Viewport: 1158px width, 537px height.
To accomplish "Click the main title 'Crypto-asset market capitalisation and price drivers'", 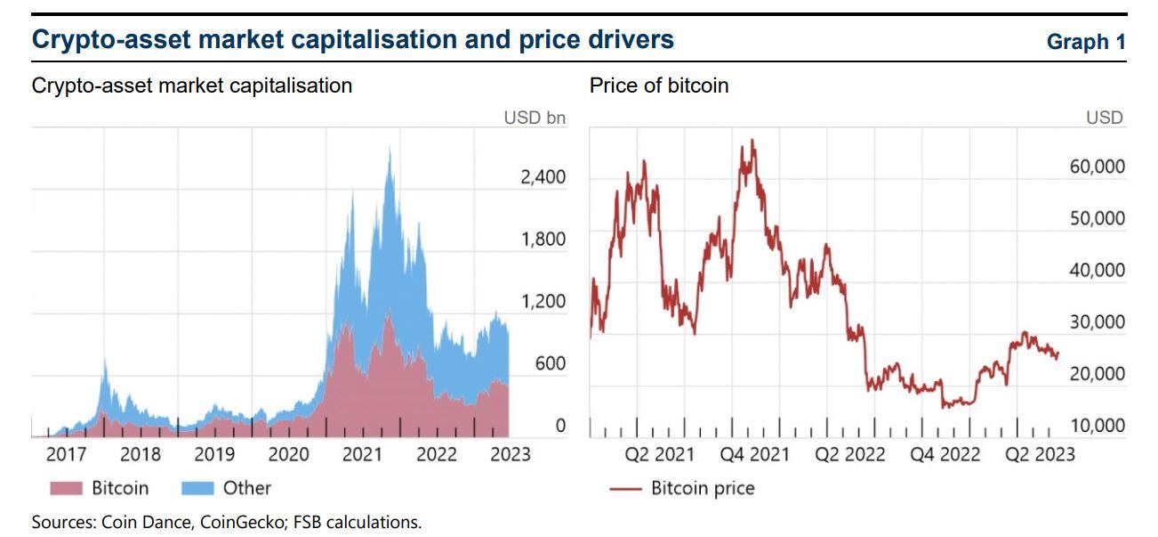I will click(352, 40).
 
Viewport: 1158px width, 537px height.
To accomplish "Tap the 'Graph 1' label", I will click(1086, 42).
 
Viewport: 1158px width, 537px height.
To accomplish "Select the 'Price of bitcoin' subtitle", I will click(659, 85).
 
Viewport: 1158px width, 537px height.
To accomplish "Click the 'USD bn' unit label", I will click(535, 118).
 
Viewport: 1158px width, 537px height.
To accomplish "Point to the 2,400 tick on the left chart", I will click(543, 177).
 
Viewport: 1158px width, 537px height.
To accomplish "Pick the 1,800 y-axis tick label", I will click(543, 240).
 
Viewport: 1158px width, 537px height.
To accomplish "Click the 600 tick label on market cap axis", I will click(549, 363).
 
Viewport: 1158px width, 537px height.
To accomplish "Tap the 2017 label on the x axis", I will click(66, 455).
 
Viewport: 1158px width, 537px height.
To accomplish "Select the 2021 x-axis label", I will click(362, 455).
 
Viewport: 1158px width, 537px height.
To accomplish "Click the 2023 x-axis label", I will click(510, 455).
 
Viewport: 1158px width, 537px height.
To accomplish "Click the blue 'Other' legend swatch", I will click(197, 488).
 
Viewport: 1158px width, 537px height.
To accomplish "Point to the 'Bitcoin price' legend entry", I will click(702, 488).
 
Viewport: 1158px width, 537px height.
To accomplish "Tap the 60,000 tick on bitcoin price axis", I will click(1097, 167).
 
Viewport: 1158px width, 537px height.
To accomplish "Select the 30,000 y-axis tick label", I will click(1097, 322).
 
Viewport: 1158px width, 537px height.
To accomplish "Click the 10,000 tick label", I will click(1097, 426).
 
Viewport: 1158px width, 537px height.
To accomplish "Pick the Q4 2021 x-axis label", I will click(754, 455).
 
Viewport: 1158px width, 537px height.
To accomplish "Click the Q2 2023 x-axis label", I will click(1039, 455).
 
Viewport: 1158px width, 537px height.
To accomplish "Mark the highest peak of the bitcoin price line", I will click(752, 140).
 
